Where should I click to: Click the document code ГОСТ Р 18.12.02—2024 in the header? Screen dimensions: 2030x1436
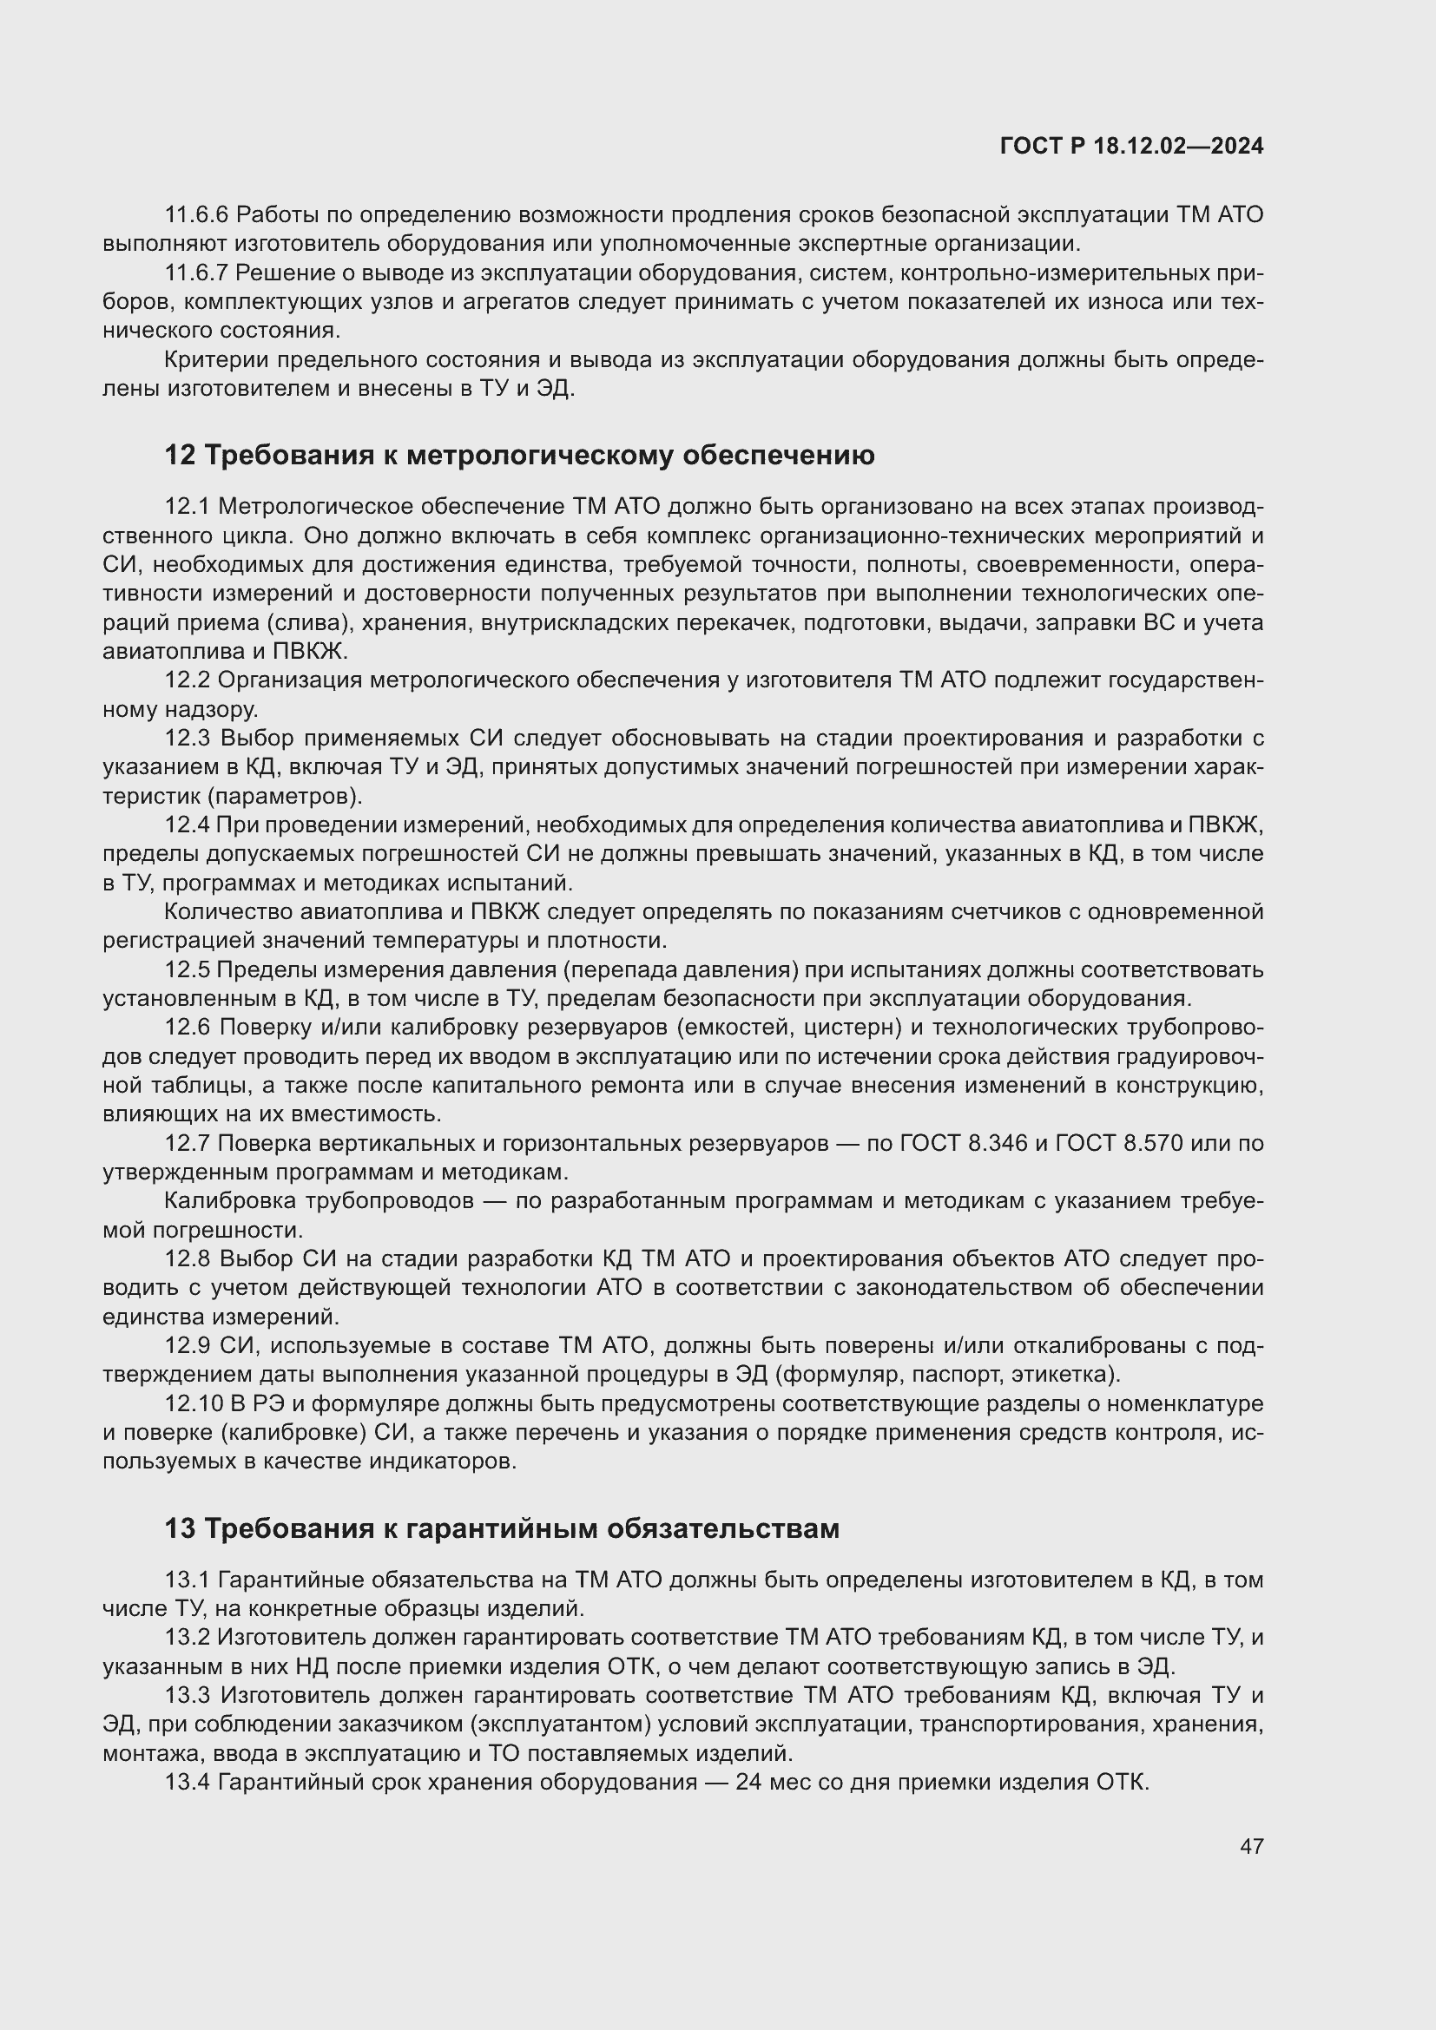pos(1131,147)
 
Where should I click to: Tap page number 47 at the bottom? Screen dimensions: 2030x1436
pos(1251,1846)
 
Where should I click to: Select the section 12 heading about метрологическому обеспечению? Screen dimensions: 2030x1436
pos(519,456)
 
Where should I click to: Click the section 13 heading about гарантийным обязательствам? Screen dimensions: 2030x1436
pos(501,1528)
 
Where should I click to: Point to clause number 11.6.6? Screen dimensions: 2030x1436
pos(196,215)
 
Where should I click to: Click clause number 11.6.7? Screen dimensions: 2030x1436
pos(196,273)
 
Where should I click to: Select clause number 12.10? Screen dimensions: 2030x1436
pos(192,1404)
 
